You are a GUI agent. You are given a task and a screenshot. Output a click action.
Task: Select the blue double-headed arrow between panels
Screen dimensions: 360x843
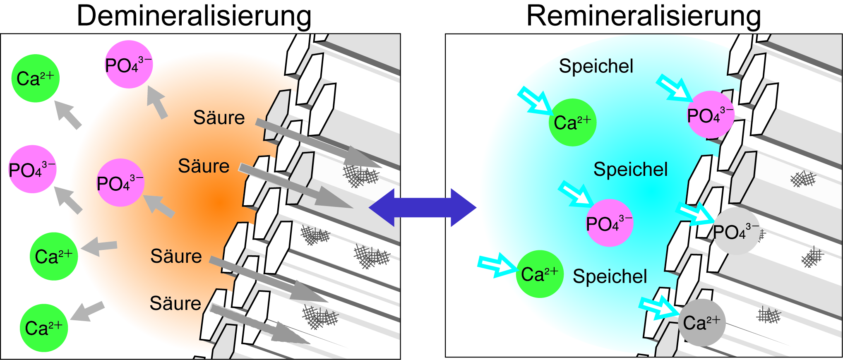coord(422,208)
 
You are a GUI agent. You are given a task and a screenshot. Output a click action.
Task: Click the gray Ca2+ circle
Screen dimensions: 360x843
coord(701,323)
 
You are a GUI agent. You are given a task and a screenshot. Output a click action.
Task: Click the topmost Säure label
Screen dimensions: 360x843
coord(219,118)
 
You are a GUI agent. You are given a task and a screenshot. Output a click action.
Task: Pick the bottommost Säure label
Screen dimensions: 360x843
coord(175,303)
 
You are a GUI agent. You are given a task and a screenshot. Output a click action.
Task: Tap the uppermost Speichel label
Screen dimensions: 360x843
coord(596,66)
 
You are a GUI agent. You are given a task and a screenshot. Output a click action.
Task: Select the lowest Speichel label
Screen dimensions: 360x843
coord(610,276)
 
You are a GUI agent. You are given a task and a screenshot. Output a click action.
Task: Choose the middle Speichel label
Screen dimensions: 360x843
coord(630,169)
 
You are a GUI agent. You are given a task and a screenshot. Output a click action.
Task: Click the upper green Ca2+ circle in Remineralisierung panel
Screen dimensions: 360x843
coord(572,122)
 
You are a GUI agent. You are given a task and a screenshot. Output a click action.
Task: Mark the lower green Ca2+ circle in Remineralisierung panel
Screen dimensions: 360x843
coord(539,274)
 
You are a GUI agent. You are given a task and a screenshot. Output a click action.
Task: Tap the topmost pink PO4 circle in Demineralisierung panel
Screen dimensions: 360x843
coord(129,65)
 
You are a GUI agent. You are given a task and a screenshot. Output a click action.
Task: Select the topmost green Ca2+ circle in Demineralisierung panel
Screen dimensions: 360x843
coord(35,78)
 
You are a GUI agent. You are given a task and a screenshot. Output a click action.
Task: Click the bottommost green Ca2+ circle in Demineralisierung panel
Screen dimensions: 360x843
coord(43,328)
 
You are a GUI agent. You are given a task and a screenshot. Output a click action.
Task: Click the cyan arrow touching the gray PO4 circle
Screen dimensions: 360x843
coord(695,214)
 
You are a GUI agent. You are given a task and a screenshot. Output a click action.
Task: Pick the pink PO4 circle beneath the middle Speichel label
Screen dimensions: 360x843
coord(609,223)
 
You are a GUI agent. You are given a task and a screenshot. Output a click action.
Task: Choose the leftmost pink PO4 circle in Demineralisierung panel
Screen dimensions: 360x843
coord(32,169)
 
